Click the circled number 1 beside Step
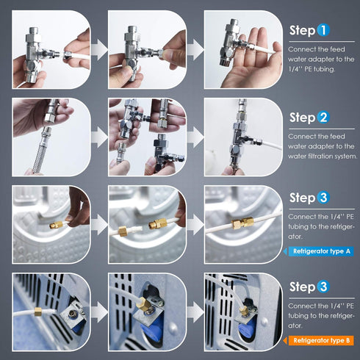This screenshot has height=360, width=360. pyautogui.click(x=324, y=31)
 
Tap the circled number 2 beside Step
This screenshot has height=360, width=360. pyautogui.click(x=324, y=118)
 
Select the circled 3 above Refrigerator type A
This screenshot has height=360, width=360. pyautogui.click(x=324, y=198)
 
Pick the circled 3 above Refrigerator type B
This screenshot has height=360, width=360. pyautogui.click(x=324, y=286)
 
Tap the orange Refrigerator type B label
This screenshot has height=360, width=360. pyautogui.click(x=321, y=340)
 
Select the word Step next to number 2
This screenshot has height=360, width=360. pyautogui.click(x=302, y=118)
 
